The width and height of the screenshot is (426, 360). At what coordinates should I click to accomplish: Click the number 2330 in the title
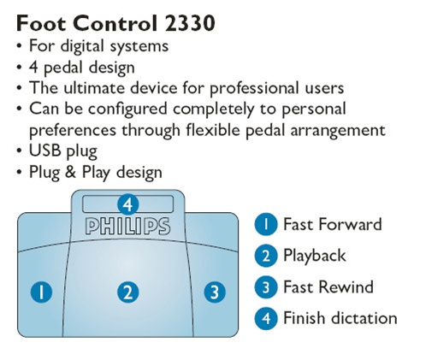(x=190, y=23)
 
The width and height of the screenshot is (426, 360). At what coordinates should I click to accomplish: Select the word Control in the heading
(x=115, y=23)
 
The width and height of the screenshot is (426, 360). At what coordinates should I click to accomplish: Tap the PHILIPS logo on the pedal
(x=127, y=227)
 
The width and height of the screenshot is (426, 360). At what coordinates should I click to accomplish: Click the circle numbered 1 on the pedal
(x=41, y=292)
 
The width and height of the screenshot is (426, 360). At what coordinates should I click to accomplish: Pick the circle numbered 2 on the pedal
(x=128, y=292)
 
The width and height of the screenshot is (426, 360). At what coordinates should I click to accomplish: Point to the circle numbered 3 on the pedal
(x=215, y=292)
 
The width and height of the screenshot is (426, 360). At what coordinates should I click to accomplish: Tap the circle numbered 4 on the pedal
(x=128, y=204)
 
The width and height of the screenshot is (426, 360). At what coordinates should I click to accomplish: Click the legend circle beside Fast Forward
(x=266, y=224)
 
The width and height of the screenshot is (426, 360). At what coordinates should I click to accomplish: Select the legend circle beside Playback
(x=266, y=256)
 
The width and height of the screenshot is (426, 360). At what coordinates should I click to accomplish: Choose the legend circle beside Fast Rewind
(x=266, y=287)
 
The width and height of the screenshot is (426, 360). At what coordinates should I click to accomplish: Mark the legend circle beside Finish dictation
(x=266, y=318)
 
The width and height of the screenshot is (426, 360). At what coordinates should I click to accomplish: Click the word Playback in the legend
(x=315, y=256)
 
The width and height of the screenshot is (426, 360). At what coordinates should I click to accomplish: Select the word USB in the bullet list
(x=45, y=150)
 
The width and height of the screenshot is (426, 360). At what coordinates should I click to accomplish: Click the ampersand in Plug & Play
(x=70, y=172)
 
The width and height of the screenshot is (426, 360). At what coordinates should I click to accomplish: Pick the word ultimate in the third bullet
(x=94, y=87)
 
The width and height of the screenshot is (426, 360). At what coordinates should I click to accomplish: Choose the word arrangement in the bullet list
(x=338, y=131)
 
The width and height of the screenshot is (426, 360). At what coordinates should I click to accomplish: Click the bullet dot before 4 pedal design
(x=19, y=68)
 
